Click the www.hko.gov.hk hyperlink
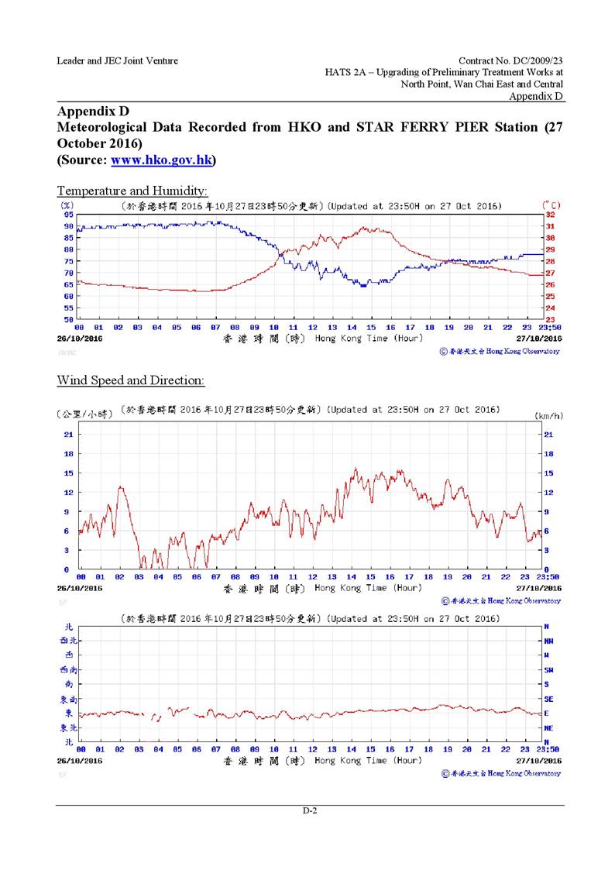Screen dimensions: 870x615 (162, 160)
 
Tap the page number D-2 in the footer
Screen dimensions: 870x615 (310, 810)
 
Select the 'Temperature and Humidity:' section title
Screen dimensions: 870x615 (132, 190)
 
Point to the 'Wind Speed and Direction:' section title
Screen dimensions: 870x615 (131, 380)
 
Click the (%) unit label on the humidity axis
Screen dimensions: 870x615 (67, 205)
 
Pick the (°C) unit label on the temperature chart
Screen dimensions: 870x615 (551, 205)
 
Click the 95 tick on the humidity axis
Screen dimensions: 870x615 (68, 215)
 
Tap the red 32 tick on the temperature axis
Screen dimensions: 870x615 (551, 215)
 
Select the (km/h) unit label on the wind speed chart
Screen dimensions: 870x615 (548, 416)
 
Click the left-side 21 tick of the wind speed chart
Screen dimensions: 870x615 (69, 435)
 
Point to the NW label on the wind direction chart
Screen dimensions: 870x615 (548, 641)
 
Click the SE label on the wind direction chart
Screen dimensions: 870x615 (548, 699)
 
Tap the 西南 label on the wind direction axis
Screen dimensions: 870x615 (68, 669)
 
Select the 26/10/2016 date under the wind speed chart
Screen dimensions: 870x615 (81, 588)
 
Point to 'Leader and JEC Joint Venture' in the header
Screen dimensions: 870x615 (117, 60)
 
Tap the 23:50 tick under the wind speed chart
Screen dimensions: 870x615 (548, 577)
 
